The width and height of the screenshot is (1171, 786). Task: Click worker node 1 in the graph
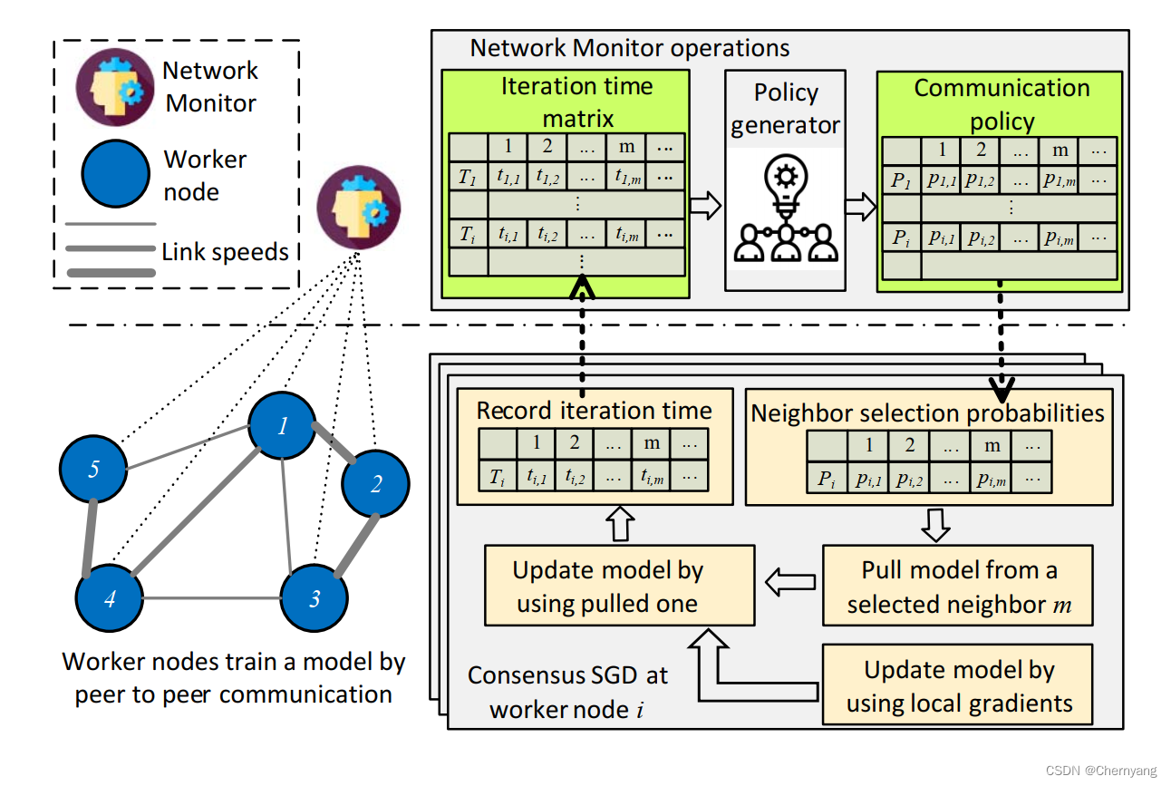283,425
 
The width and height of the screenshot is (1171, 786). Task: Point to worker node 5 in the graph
93,470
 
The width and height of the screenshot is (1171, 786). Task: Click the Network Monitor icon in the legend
115,87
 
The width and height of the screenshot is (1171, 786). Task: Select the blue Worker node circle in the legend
115,174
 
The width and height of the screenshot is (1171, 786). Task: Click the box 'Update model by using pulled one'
620,586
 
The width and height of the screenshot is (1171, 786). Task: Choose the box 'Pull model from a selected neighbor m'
958,586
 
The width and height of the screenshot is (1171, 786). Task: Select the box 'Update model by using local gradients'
958,685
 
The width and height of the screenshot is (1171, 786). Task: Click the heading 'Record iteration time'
595,411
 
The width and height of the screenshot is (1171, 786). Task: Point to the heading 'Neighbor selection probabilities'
928,413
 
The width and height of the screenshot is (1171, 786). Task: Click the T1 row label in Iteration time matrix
467,178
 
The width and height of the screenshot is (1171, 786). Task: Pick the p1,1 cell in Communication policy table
942,180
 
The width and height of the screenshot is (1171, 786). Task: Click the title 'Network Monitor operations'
629,48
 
